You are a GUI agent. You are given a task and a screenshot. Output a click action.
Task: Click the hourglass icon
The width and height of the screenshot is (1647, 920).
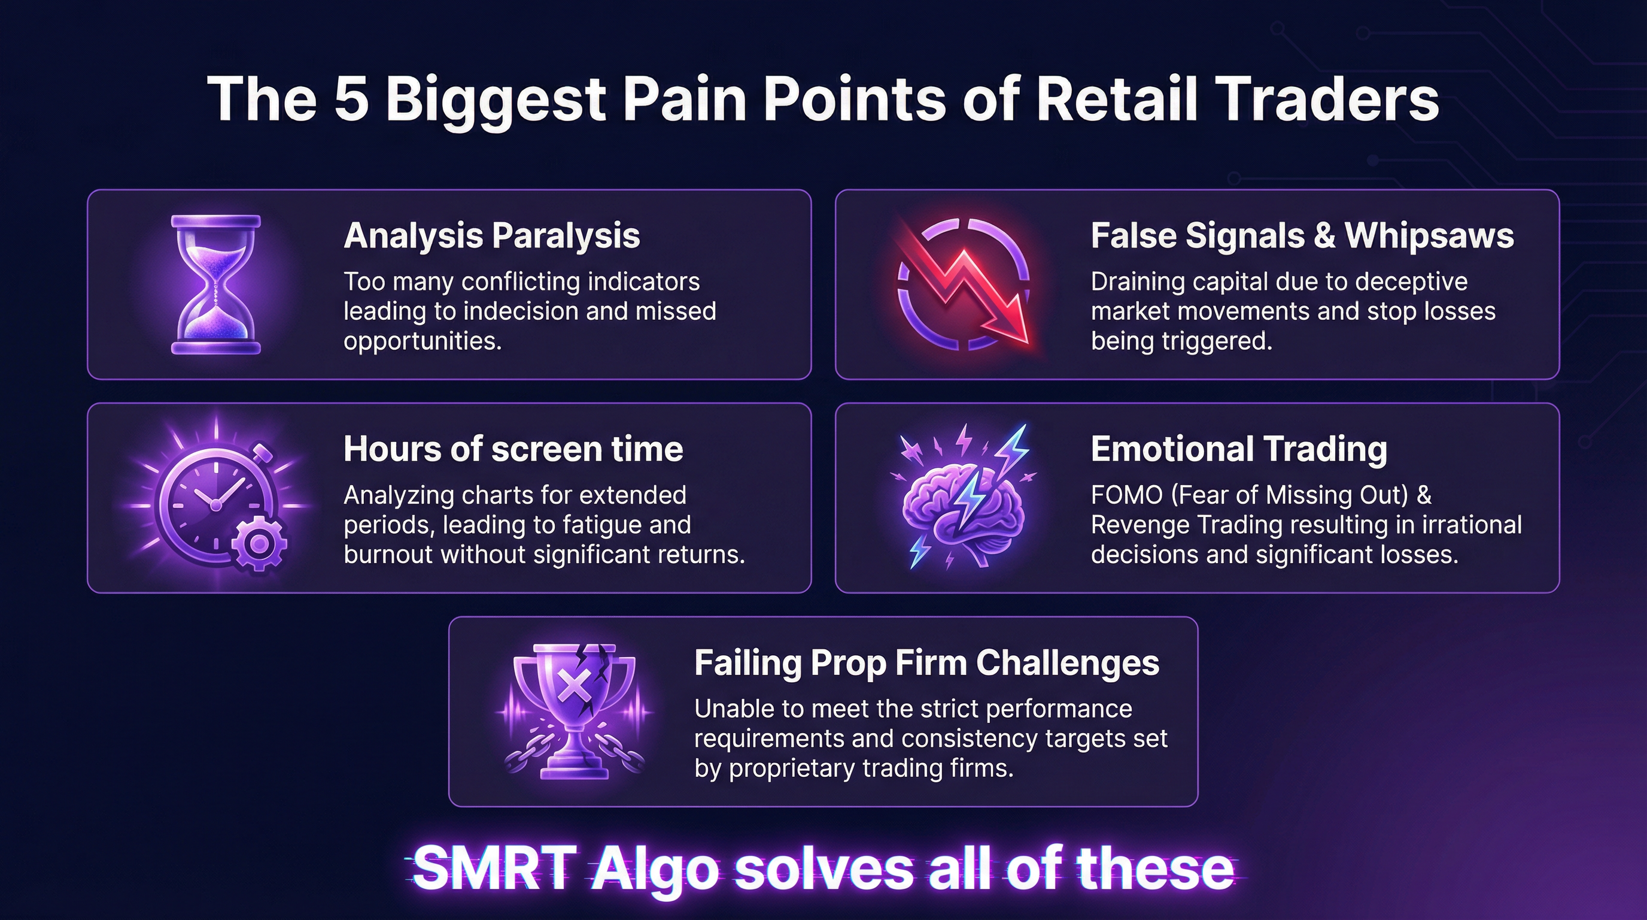point(216,285)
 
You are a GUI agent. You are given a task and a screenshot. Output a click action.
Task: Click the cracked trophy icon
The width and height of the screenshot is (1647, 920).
point(574,710)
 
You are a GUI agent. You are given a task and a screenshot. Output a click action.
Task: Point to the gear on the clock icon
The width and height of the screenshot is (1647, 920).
point(259,543)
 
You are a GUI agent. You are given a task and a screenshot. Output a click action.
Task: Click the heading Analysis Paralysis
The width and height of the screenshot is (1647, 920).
point(491,235)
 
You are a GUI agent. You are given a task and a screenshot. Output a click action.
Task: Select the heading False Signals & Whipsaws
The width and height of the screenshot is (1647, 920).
point(1302,235)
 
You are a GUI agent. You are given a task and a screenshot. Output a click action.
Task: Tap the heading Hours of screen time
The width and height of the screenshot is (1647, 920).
point(513,449)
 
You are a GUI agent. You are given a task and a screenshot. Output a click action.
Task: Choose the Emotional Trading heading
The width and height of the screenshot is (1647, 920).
point(1238,449)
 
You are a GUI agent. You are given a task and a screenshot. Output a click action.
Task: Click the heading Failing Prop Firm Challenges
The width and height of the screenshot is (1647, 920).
point(926,663)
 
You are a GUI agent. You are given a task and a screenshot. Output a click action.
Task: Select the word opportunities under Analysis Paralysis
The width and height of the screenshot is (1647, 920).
point(421,341)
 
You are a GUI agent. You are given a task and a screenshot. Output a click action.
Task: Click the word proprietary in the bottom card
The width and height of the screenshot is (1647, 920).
point(792,768)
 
